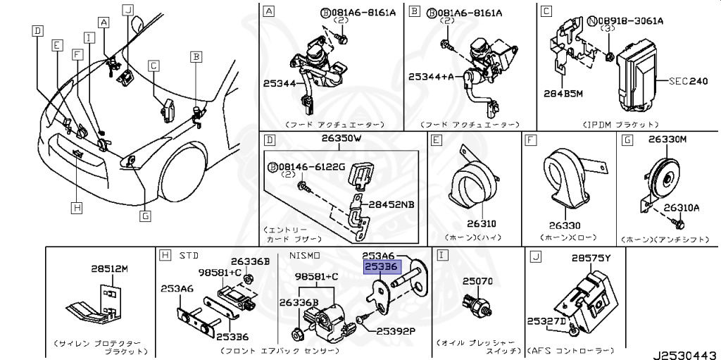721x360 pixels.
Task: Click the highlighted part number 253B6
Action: coord(381,268)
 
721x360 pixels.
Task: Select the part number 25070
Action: coord(477,280)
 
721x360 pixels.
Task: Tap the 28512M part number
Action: coord(109,268)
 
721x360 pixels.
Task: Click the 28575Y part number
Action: coord(591,259)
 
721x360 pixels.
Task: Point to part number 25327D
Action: coord(547,321)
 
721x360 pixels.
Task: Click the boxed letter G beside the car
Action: coord(144,216)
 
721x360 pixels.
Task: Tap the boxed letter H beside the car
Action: coord(76,207)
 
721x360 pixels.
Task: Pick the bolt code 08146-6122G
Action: coord(315,167)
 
